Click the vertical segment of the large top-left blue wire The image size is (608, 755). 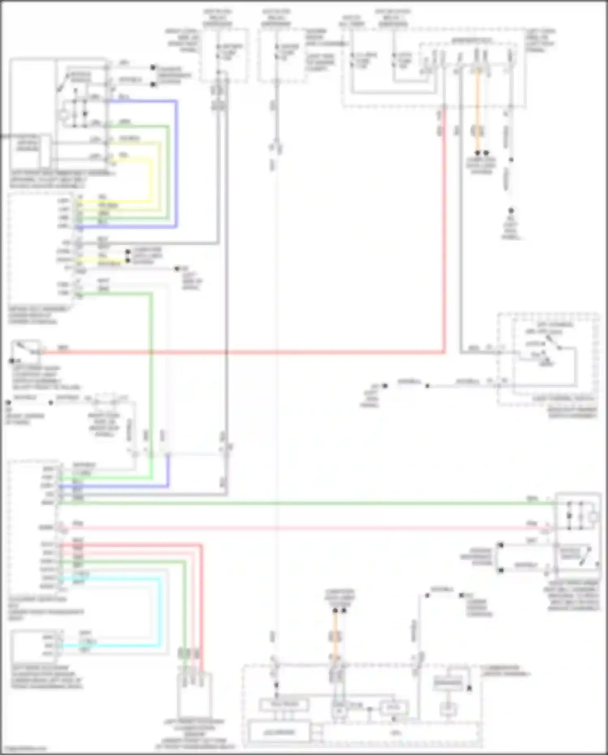pos(176,162)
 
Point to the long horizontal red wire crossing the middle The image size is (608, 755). pos(243,352)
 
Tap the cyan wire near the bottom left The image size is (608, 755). pos(158,613)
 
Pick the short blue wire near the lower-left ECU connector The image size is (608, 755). pos(122,486)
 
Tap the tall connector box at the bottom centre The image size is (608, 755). pos(194,694)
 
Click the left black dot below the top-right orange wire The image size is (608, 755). pos(477,153)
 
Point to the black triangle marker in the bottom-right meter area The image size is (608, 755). pos(469,688)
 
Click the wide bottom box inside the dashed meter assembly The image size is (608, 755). pos(401,733)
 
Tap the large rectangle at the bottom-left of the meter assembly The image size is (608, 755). pos(279,733)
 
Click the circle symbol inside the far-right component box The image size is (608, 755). pos(593,517)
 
